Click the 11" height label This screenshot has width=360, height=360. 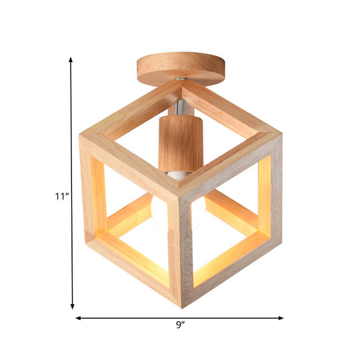(62, 196)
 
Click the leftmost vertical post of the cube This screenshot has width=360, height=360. (91, 193)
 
